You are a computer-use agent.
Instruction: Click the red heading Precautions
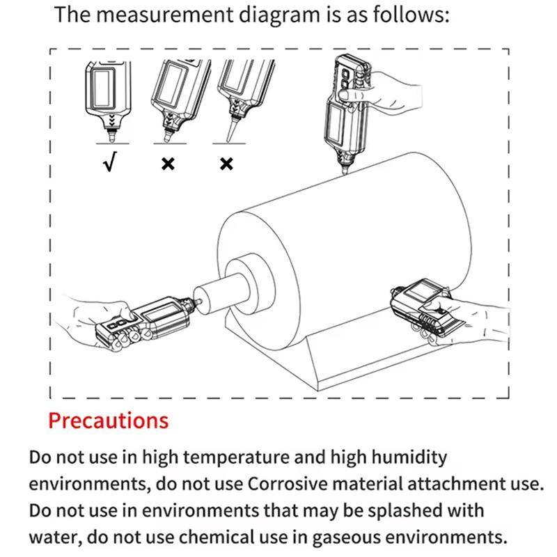(109, 421)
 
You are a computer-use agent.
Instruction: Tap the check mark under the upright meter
(110, 162)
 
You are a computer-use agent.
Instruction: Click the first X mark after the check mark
(168, 164)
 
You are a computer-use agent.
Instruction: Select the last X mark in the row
(227, 164)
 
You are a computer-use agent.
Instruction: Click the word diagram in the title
(279, 15)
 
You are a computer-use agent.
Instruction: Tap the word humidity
(409, 458)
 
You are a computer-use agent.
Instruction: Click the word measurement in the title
(165, 15)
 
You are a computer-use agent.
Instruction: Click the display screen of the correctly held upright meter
(103, 88)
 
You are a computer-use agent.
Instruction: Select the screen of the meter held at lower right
(423, 288)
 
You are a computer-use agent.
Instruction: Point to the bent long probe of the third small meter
(230, 130)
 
